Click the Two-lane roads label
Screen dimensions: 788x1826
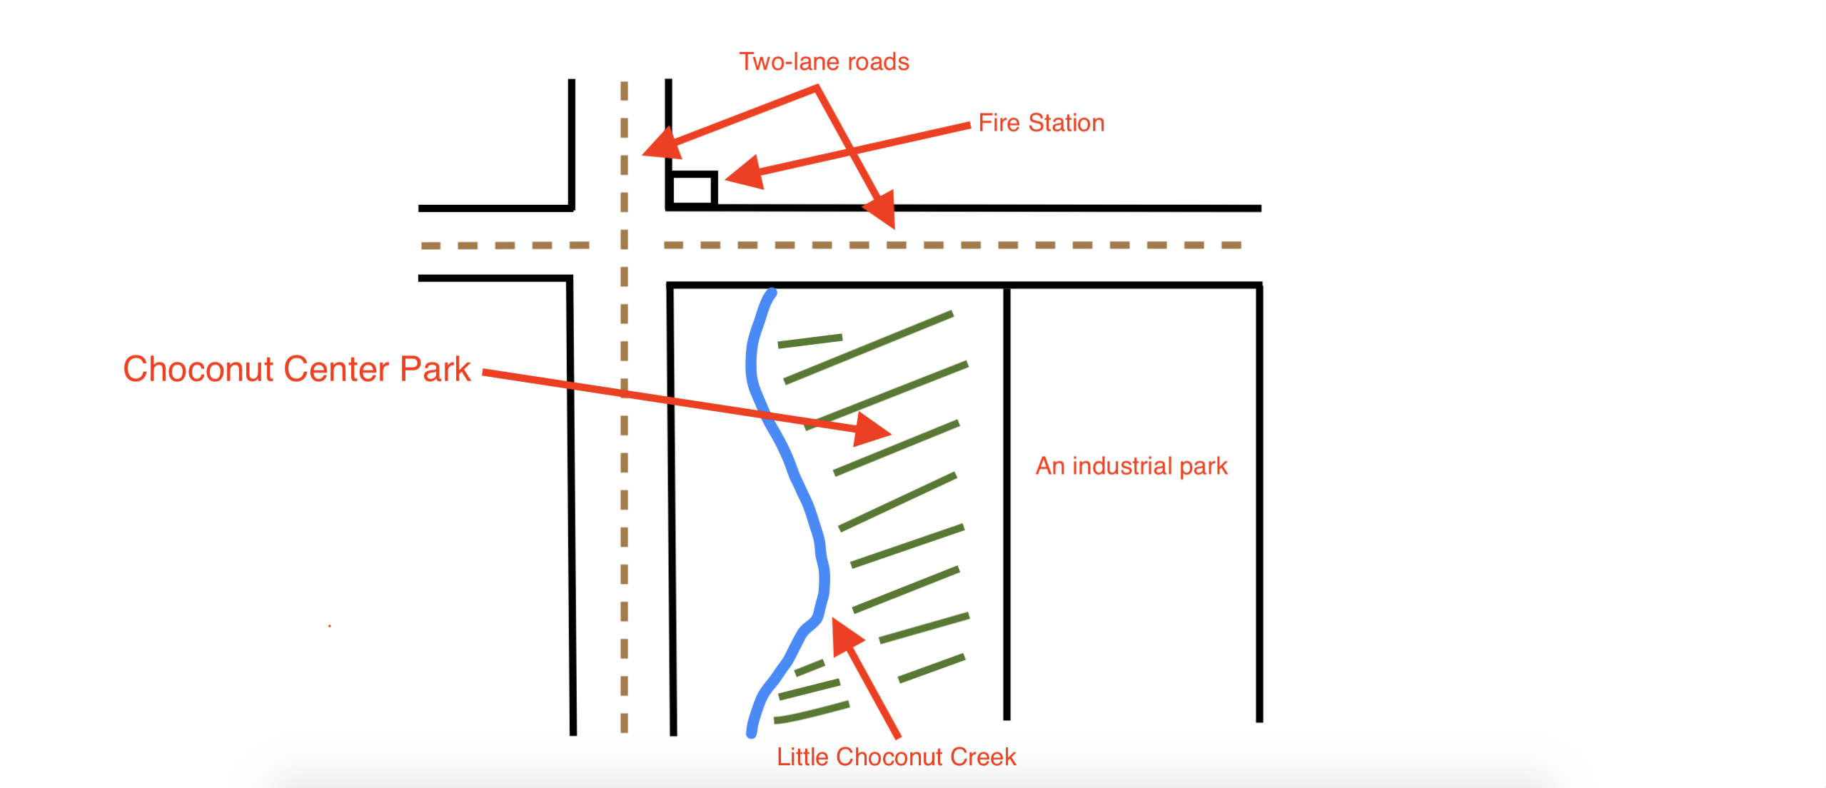tap(824, 62)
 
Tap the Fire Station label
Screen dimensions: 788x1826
tap(1041, 123)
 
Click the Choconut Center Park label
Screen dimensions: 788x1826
tap(296, 369)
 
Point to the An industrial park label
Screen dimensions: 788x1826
tap(1131, 466)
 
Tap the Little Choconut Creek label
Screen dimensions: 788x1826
tap(896, 757)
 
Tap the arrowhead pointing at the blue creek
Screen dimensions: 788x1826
tap(845, 635)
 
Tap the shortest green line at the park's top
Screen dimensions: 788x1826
tap(809, 340)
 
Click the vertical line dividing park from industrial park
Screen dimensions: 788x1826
tap(1007, 500)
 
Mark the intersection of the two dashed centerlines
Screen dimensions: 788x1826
tap(625, 245)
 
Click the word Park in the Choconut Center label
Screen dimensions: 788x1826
tap(435, 369)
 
